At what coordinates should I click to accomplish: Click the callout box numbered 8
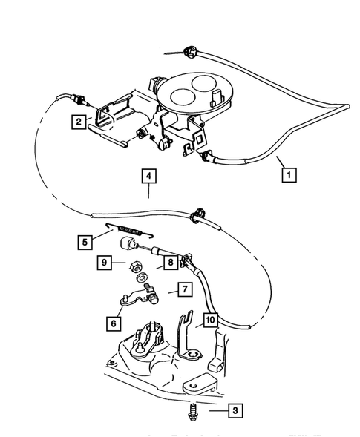pos(170,262)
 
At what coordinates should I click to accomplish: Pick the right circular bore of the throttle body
pos(210,82)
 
